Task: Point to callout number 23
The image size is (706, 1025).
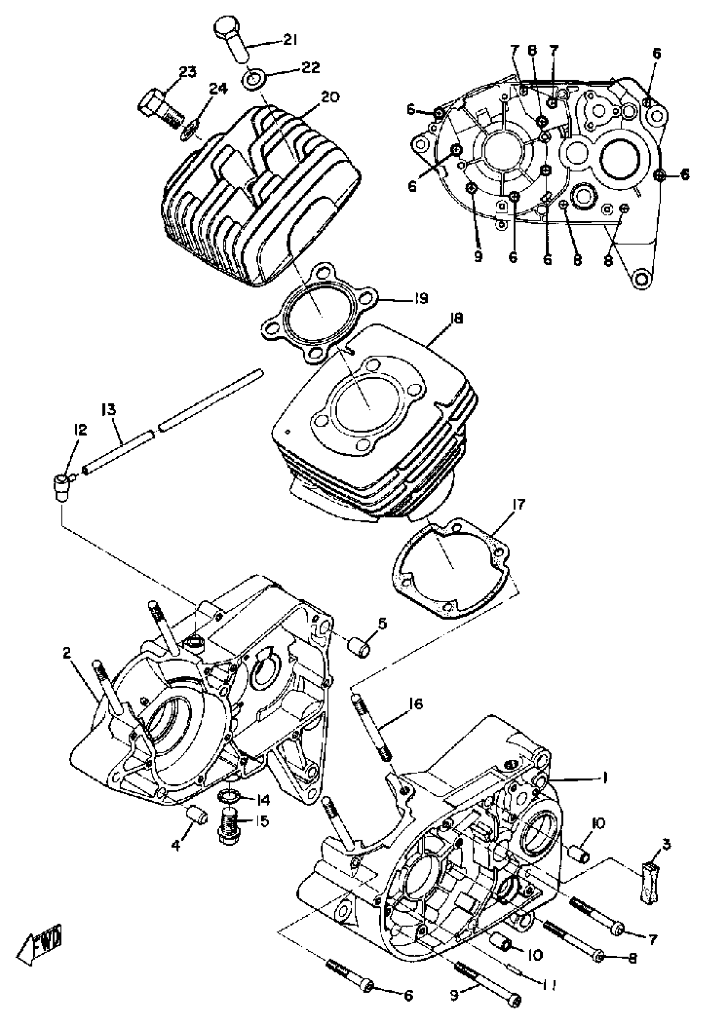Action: pyautogui.click(x=188, y=72)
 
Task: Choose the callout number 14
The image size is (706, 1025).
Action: pyautogui.click(x=264, y=800)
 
